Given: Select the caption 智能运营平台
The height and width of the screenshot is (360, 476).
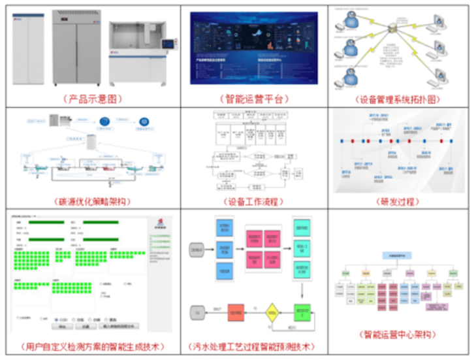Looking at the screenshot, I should coord(254,99).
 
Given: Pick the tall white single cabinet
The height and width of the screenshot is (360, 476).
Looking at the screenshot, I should coord(27,50).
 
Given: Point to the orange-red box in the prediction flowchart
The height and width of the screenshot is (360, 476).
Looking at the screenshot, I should coord(238,314).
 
